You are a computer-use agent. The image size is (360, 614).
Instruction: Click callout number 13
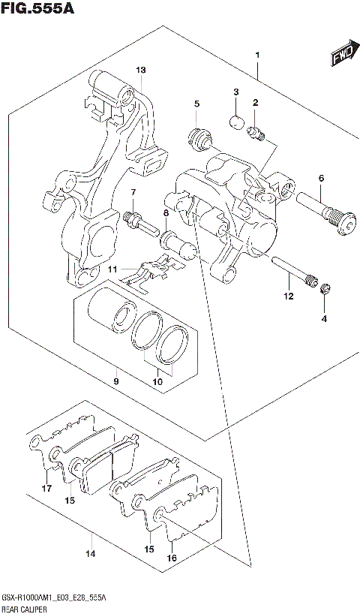[140, 70]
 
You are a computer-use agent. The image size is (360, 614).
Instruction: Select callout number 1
[257, 56]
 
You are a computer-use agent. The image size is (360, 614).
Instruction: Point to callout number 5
[196, 104]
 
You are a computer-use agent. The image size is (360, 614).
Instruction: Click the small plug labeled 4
[325, 290]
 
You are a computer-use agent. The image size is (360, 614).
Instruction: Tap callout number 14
[90, 555]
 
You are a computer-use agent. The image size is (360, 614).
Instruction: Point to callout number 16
[172, 558]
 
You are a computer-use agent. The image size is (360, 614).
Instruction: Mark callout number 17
[46, 489]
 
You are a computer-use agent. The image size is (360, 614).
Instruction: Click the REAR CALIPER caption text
[25, 607]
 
